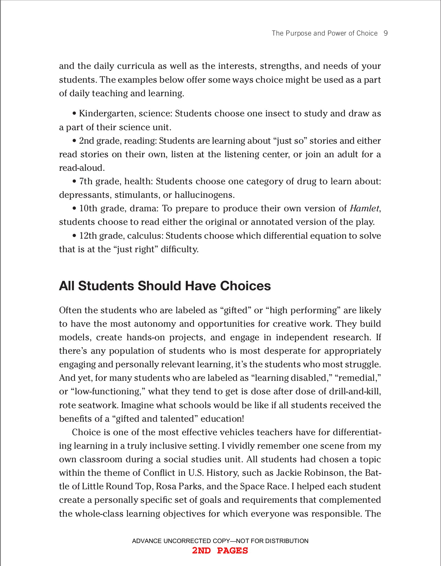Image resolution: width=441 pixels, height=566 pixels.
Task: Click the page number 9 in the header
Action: point(386,33)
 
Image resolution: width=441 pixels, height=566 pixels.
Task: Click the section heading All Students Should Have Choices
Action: point(165,286)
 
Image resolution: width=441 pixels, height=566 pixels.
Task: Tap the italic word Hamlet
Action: point(364,208)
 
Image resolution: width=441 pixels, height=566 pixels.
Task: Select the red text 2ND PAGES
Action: point(220,551)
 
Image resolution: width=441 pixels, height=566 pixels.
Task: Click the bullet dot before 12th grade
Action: point(74,236)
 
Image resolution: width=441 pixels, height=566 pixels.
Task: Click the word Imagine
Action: point(137,405)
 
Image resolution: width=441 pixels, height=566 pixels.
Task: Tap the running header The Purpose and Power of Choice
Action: point(325,33)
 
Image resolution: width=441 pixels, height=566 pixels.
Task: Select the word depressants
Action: point(84,195)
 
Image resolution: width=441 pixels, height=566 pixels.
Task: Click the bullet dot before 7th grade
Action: point(74,181)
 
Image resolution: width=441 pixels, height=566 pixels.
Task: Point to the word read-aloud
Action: point(81,168)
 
